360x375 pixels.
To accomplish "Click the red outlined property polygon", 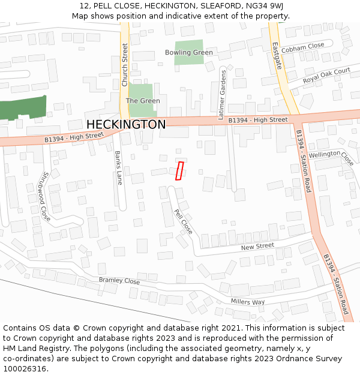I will click(179, 170).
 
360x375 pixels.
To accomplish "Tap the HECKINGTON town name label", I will click(126, 124).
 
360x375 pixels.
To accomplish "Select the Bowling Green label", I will click(189, 53).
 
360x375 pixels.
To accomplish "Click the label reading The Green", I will click(143, 101).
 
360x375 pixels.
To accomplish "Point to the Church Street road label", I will click(125, 65).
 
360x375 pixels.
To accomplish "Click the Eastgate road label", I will click(276, 56).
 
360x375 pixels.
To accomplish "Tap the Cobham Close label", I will click(302, 46).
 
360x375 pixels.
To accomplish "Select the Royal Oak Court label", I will click(326, 76).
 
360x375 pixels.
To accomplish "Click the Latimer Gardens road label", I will click(223, 92).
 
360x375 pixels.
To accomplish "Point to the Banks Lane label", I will click(119, 167).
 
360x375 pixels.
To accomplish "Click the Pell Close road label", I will click(183, 221).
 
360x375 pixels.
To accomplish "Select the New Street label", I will click(257, 247).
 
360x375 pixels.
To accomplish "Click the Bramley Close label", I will click(119, 281).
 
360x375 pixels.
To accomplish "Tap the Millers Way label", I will click(248, 302).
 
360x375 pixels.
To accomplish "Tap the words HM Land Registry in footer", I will click(32, 349).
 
